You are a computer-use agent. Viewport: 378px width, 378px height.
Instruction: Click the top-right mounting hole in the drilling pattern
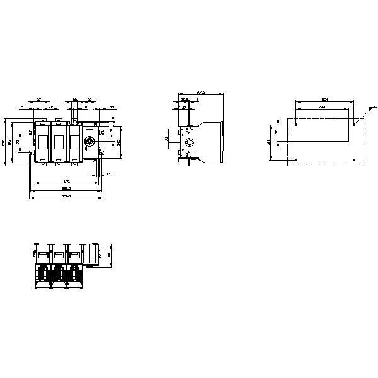click(x=355, y=125)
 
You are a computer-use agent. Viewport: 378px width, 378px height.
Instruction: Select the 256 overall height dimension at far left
click(x=4, y=142)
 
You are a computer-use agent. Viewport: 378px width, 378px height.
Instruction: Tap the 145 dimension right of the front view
click(x=119, y=143)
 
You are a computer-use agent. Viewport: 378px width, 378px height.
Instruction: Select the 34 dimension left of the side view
click(x=167, y=138)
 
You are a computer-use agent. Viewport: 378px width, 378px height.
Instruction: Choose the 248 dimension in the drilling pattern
click(x=322, y=108)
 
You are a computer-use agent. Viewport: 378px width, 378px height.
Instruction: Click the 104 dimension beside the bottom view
click(x=109, y=256)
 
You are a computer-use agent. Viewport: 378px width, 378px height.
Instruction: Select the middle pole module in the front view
click(x=59, y=142)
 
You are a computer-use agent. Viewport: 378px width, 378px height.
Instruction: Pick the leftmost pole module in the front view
click(x=42, y=142)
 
